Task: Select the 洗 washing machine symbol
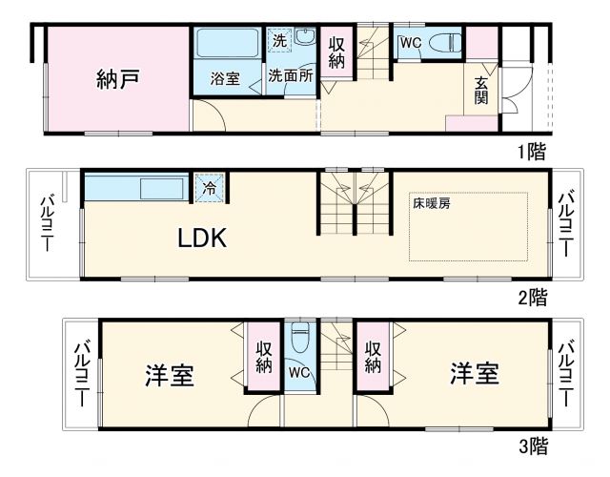click(x=278, y=41)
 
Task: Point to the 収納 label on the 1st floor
click(x=336, y=54)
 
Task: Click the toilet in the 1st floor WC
click(x=444, y=44)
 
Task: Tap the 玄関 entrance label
click(x=481, y=90)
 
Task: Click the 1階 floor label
click(x=532, y=152)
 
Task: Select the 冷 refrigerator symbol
click(x=210, y=187)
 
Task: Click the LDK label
click(x=203, y=238)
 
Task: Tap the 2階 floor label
click(x=532, y=297)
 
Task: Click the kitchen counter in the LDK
click(x=137, y=188)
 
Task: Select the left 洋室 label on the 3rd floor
click(x=170, y=375)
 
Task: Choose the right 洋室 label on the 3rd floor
click(x=474, y=373)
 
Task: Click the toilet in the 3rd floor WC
click(x=300, y=339)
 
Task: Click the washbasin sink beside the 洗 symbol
click(x=304, y=39)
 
